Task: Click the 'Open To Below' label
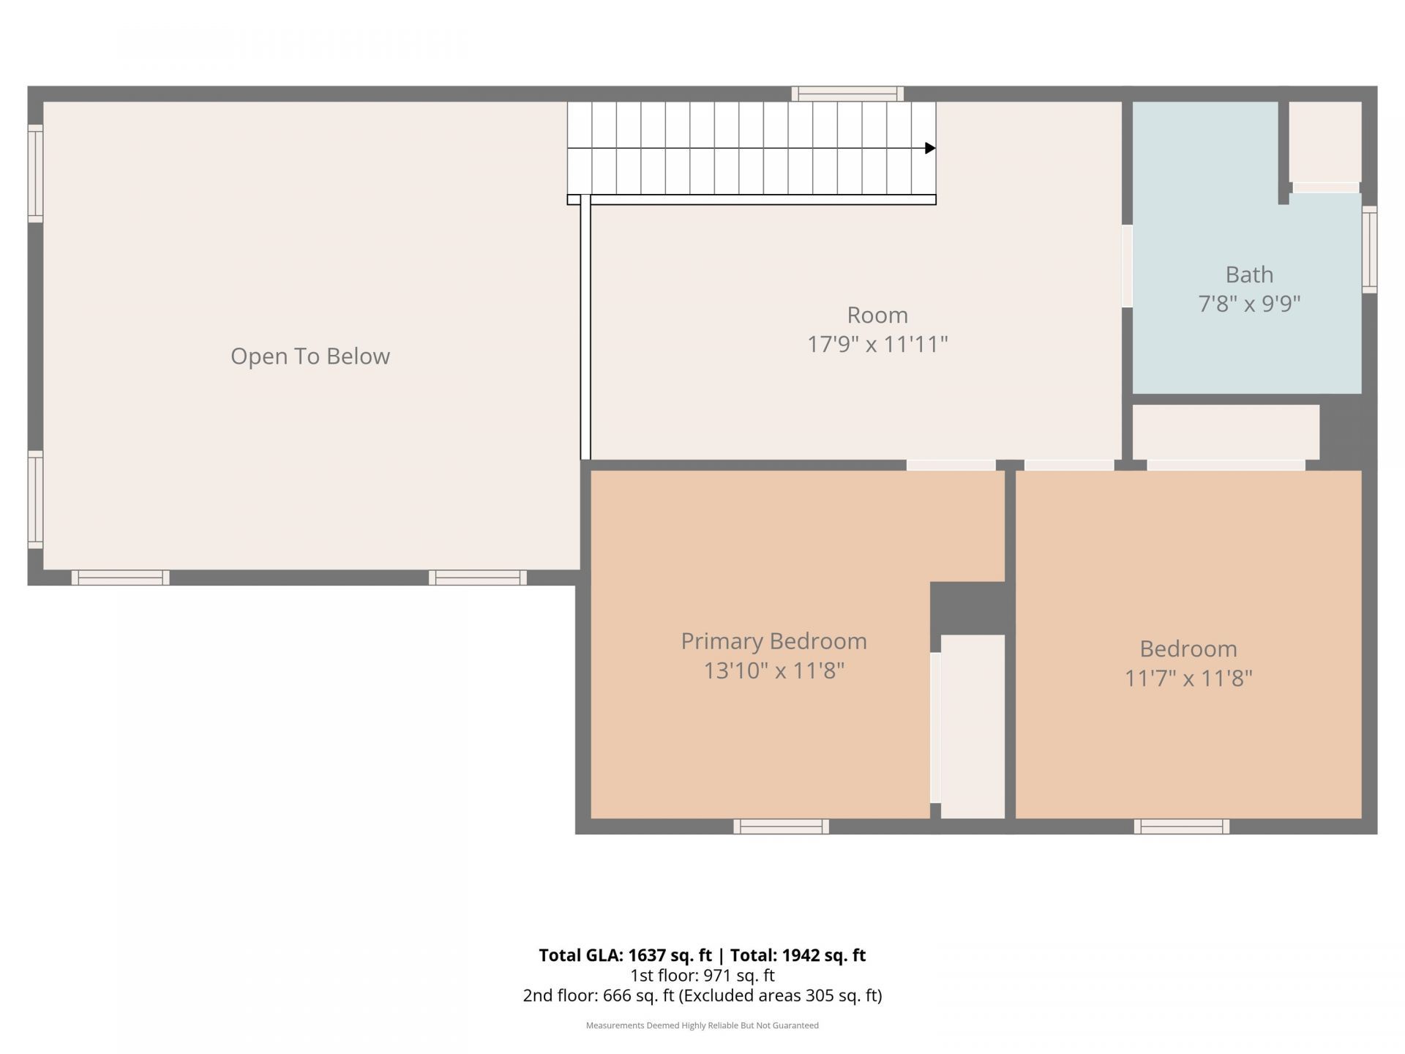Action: click(x=310, y=356)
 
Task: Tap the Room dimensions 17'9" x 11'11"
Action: click(x=877, y=344)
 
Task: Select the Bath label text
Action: click(x=1249, y=274)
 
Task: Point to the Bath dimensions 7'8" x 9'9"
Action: click(x=1249, y=304)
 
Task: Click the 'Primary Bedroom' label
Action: click(x=773, y=641)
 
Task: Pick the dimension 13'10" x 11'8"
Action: click(x=773, y=670)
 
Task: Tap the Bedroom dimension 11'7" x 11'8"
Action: click(x=1188, y=679)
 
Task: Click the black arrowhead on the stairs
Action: click(x=930, y=149)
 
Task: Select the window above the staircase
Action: click(x=847, y=94)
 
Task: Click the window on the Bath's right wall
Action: click(x=1369, y=250)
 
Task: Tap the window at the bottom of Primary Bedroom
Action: click(x=781, y=826)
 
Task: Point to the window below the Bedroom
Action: click(x=1181, y=826)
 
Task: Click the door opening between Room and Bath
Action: click(x=1127, y=266)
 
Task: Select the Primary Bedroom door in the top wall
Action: click(x=951, y=465)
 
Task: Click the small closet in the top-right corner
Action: click(x=1325, y=143)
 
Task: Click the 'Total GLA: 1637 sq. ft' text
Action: click(x=625, y=955)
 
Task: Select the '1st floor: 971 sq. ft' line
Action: click(x=702, y=976)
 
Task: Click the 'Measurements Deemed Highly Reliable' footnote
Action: click(x=702, y=1025)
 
